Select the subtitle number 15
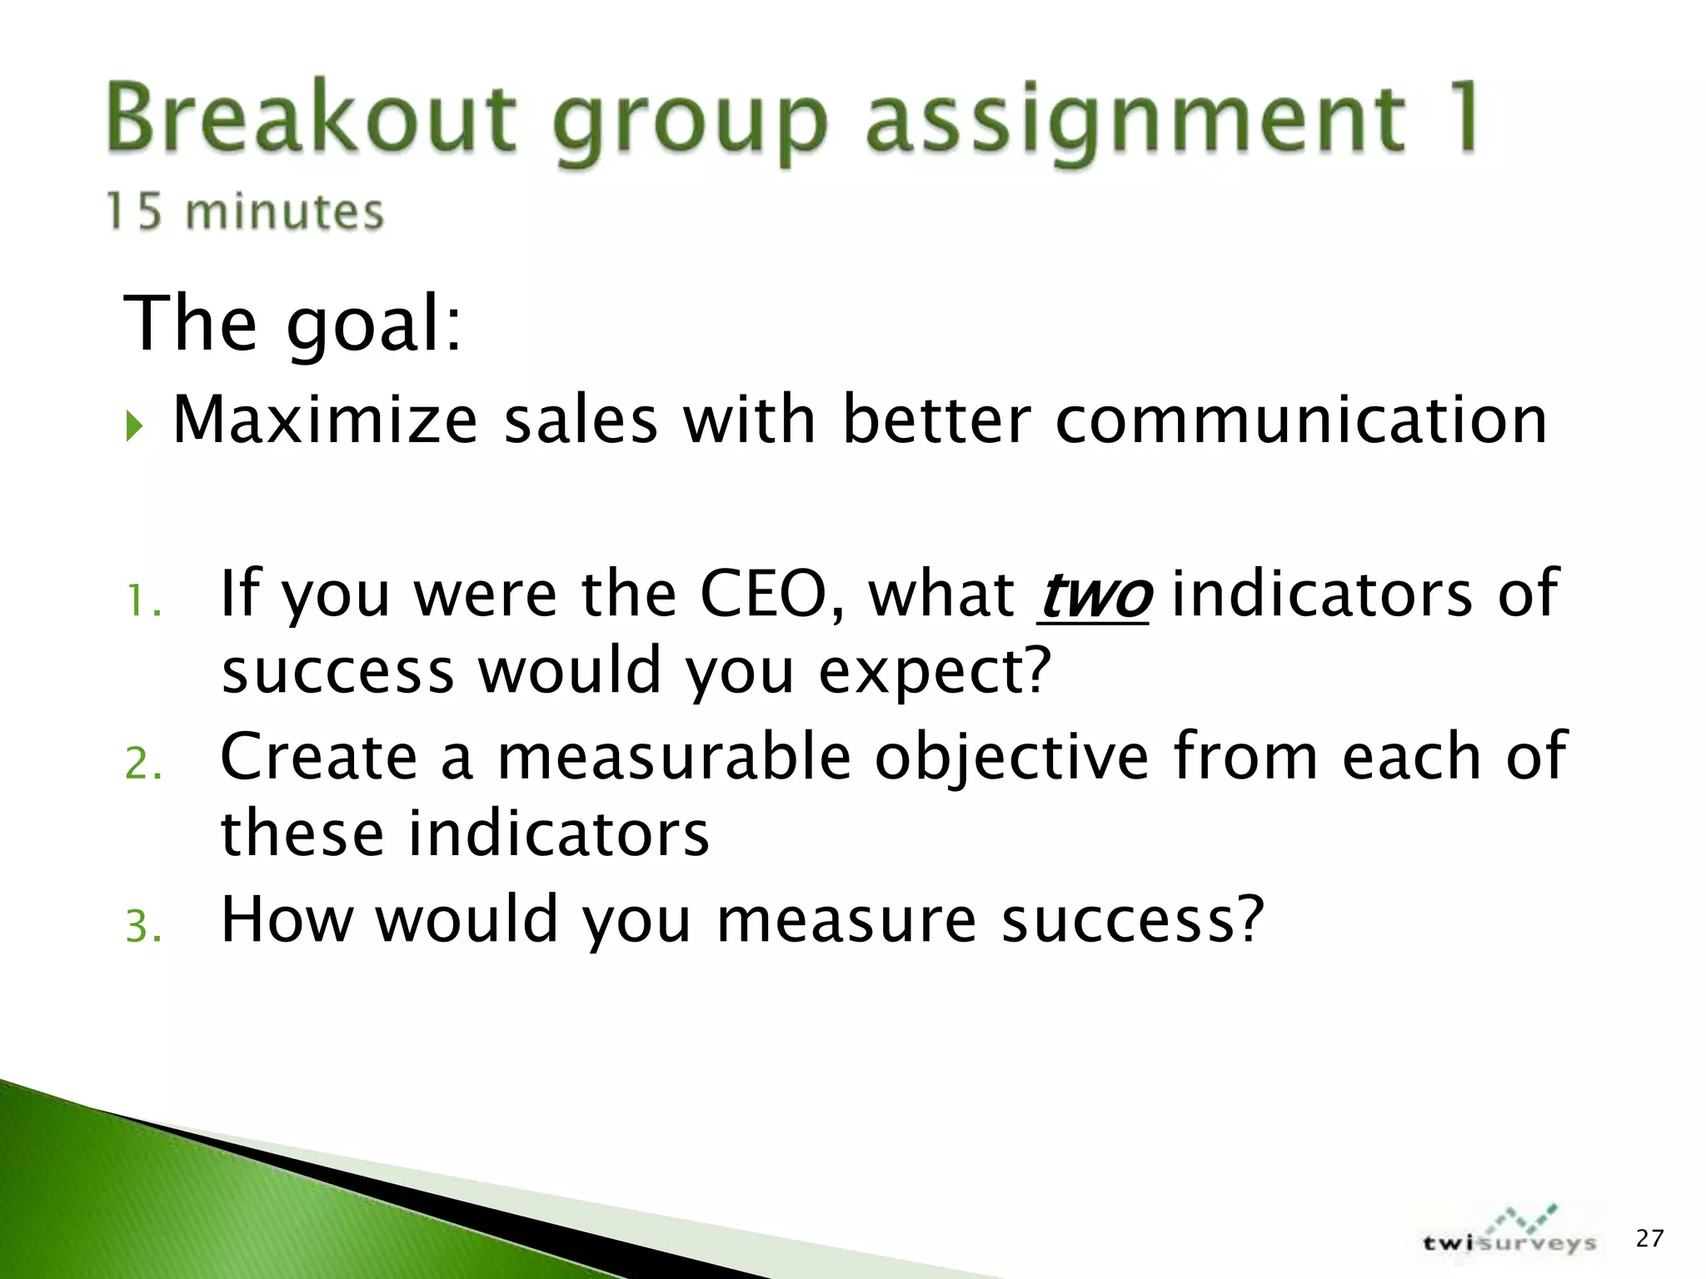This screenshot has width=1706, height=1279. pos(132,211)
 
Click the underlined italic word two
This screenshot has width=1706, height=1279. pos(1094,594)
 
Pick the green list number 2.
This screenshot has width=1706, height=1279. pos(142,764)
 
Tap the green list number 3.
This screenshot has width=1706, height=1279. pos(142,927)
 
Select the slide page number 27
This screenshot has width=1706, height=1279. pos(1649,1238)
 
